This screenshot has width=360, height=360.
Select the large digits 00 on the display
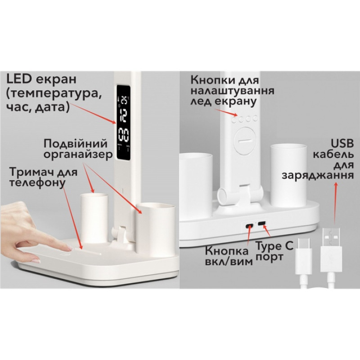click(x=123, y=135)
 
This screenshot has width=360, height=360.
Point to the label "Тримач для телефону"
click(x=43, y=177)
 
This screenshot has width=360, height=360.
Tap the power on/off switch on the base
click(x=248, y=225)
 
